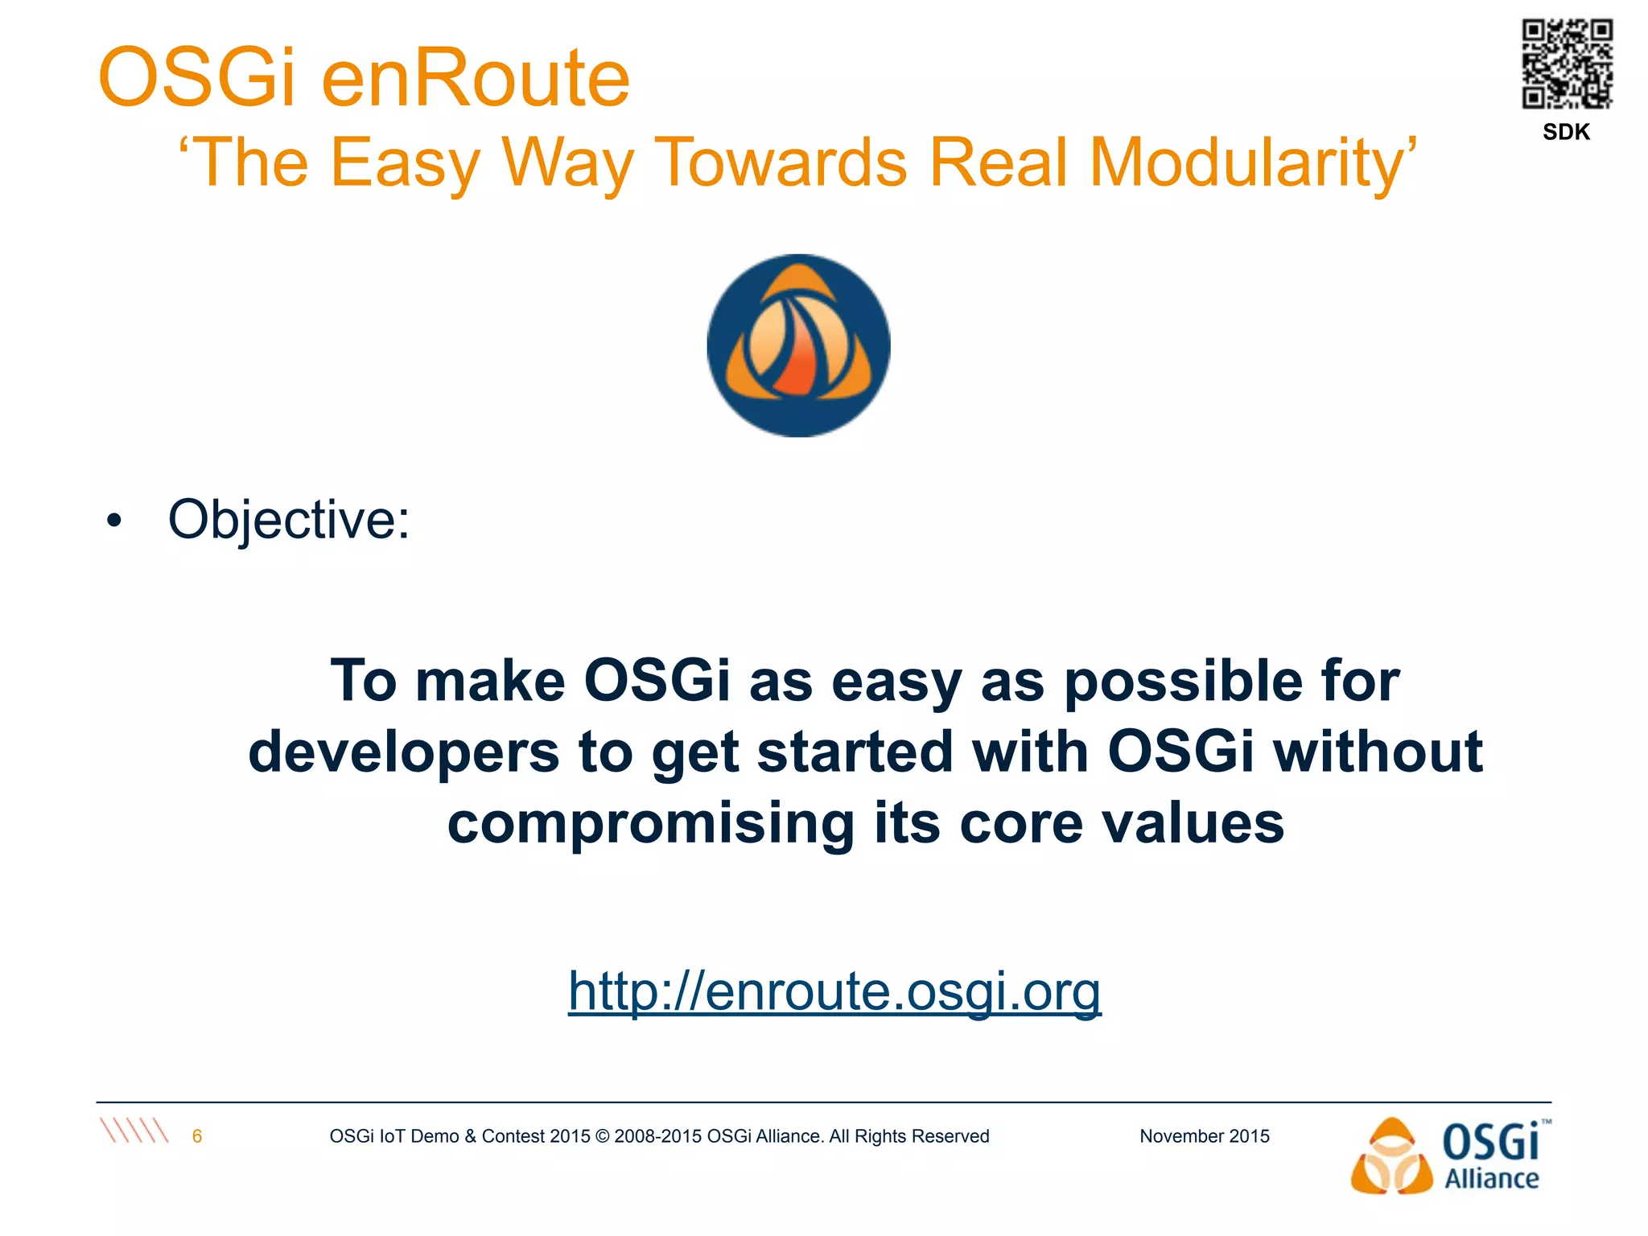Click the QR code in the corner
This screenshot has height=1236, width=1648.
click(1567, 64)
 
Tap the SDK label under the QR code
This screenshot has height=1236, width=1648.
click(1566, 132)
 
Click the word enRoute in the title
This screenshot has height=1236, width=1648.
click(476, 78)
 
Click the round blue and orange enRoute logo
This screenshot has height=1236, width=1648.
click(798, 346)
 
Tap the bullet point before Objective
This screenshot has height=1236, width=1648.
click(114, 521)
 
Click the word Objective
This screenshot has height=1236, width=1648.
click(288, 520)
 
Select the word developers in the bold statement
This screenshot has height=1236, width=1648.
click(403, 752)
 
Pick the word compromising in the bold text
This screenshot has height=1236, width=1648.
click(650, 823)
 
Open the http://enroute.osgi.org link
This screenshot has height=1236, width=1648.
click(834, 991)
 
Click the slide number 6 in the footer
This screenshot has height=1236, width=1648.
click(197, 1136)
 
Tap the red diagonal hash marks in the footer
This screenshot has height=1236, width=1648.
click(134, 1131)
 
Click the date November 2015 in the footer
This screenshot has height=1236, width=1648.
click(1204, 1136)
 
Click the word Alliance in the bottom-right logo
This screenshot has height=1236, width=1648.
click(1491, 1179)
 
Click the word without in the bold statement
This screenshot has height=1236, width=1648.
click(1378, 752)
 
